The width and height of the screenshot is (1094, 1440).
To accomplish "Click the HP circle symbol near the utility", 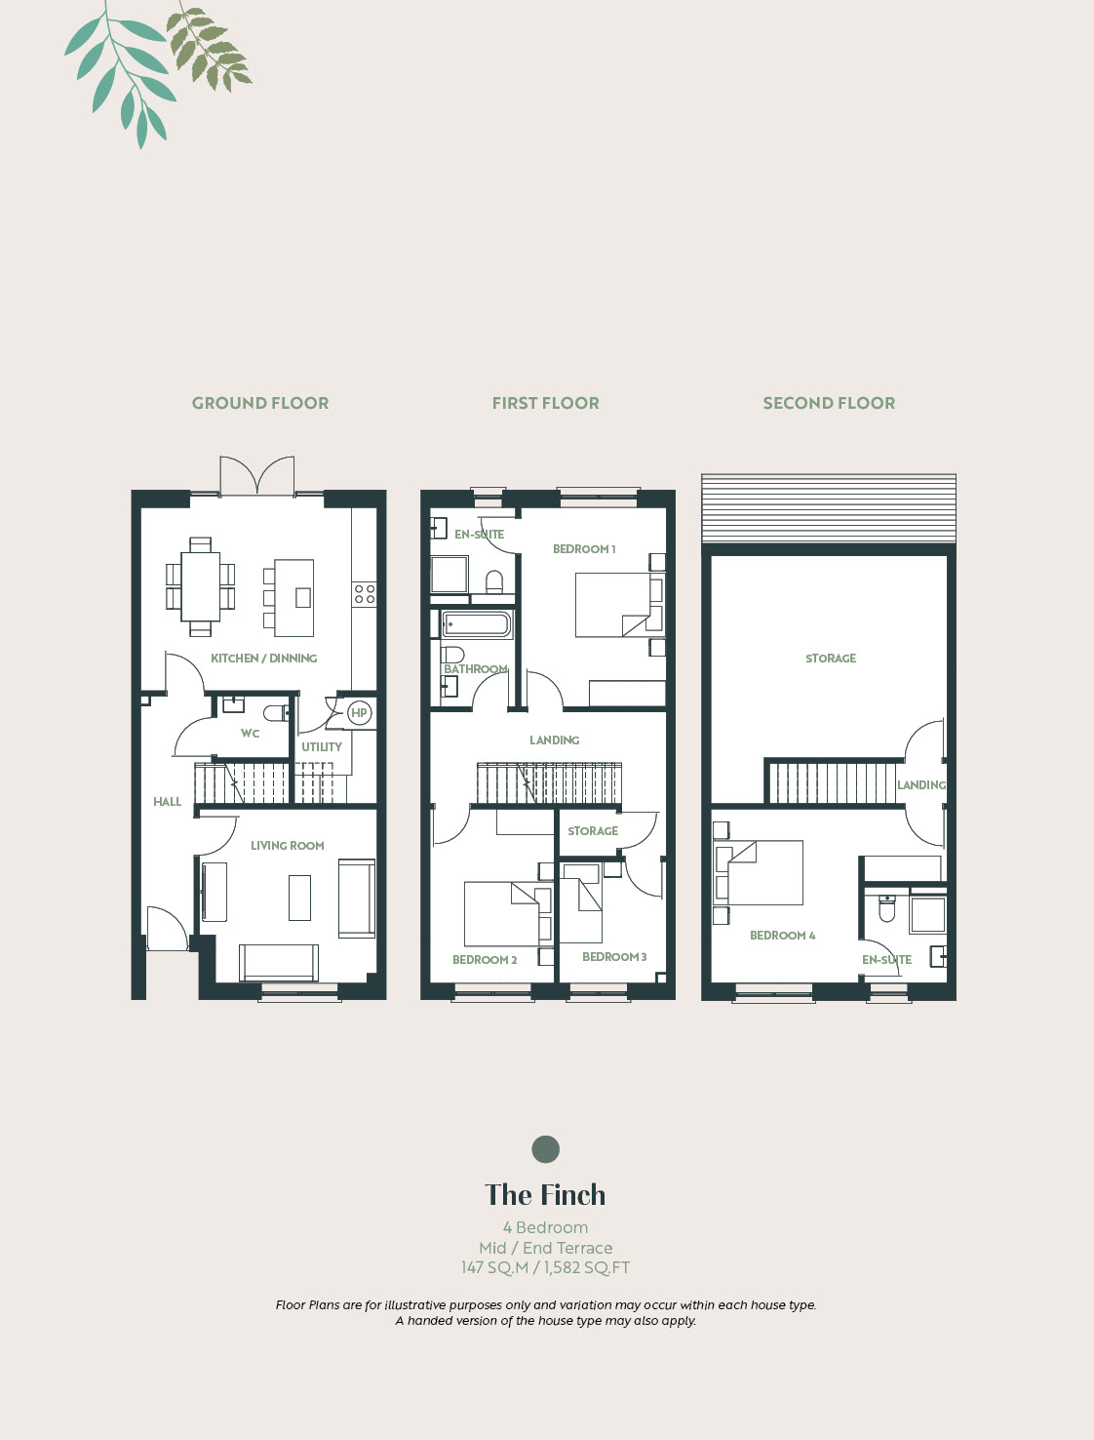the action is coord(359,713).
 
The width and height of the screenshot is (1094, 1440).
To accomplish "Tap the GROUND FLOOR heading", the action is coord(260,403).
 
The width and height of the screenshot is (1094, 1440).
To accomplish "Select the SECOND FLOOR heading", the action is coord(829,403).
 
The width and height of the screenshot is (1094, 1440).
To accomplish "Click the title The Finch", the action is coord(545,1195).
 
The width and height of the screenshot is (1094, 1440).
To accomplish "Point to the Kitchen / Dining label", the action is coord(263,658).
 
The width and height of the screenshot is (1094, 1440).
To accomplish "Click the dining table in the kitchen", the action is coord(201,586).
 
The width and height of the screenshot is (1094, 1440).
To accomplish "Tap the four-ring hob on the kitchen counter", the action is coord(365,594).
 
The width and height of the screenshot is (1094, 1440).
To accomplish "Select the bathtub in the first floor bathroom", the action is coord(476,624).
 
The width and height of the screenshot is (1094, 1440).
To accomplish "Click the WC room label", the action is coord(250,733).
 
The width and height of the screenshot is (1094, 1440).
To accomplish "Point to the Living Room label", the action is coord(287,846).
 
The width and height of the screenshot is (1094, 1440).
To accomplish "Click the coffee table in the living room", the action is coord(299,898).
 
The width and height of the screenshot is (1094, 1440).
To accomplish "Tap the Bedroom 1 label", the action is coord(584,549).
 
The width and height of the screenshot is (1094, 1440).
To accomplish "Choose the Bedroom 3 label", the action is coord(614,956).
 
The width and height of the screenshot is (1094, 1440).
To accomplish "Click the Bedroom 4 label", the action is coord(783,935).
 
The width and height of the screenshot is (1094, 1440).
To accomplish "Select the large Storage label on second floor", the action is coord(831,658).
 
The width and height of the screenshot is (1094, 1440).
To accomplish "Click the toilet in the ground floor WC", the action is coord(276,712).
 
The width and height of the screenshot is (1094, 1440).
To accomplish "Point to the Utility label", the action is coord(321,746).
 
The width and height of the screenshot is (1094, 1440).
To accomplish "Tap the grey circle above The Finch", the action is coord(545,1148).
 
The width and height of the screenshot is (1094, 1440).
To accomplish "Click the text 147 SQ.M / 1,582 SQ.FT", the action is coord(545,1267).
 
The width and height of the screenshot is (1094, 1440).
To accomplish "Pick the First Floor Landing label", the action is coord(555,740).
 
